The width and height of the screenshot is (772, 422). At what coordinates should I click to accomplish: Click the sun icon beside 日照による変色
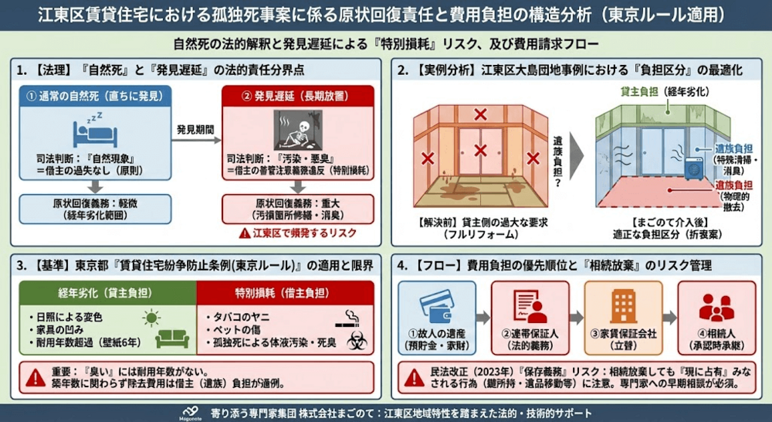pyautogui.click(x=151, y=317)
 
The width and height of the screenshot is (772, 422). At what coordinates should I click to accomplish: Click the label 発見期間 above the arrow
pyautogui.click(x=196, y=127)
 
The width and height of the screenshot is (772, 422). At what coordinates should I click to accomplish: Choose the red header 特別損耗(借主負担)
pyautogui.click(x=285, y=293)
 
